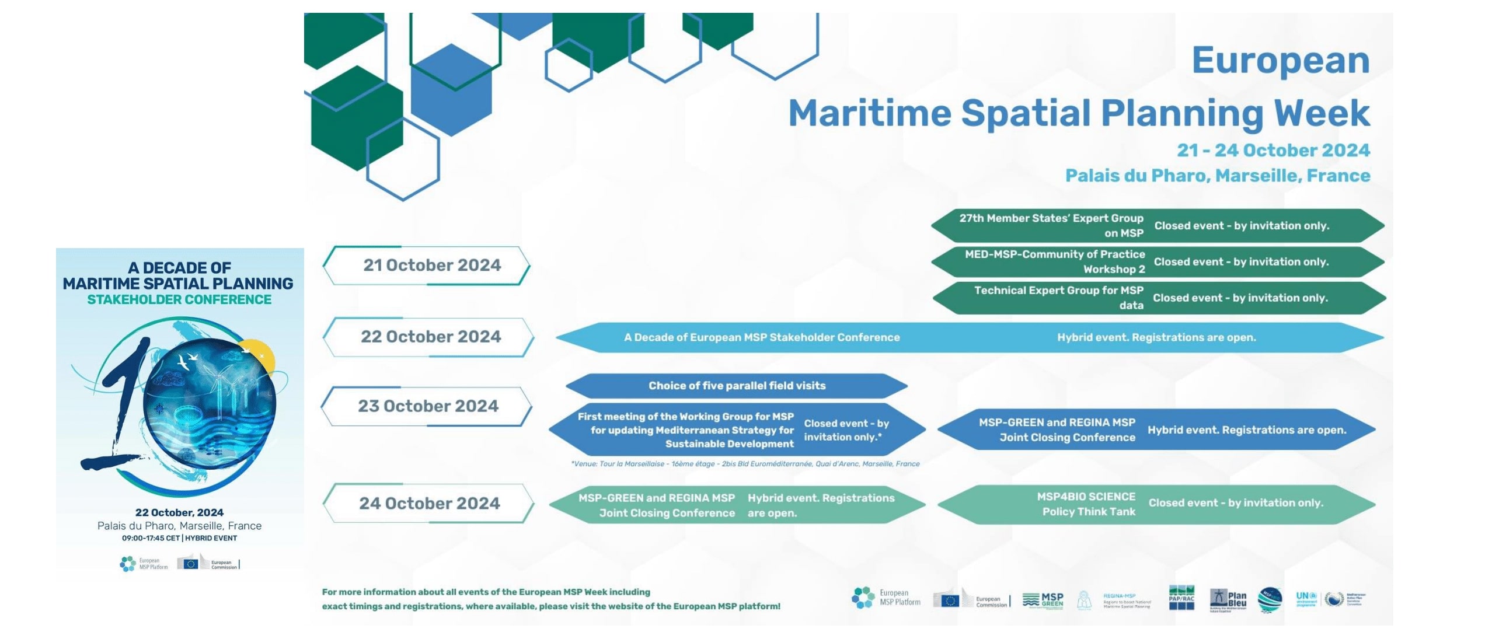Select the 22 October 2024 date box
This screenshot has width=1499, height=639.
point(431,337)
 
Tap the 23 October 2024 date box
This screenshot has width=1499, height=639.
point(428,406)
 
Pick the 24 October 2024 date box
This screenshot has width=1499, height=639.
point(430,503)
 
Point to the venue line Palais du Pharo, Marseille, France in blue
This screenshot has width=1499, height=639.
point(1217,176)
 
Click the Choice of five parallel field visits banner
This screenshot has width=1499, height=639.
point(737,386)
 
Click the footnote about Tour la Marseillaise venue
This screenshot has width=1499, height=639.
point(745,464)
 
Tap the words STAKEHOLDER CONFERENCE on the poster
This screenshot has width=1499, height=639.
point(179,300)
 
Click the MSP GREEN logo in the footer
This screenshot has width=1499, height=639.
point(1043,600)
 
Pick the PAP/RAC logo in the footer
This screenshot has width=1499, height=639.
point(1181,598)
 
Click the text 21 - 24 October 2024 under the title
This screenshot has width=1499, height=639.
point(1273,151)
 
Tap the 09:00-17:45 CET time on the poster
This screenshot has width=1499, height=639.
point(151,538)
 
